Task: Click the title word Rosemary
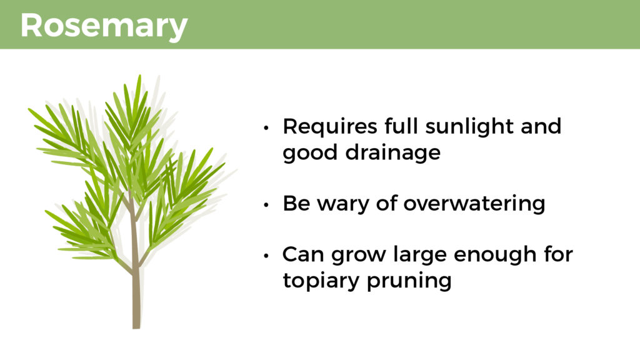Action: click(104, 26)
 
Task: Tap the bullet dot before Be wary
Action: click(266, 205)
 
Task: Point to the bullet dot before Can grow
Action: click(266, 256)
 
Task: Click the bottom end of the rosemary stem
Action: click(136, 327)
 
